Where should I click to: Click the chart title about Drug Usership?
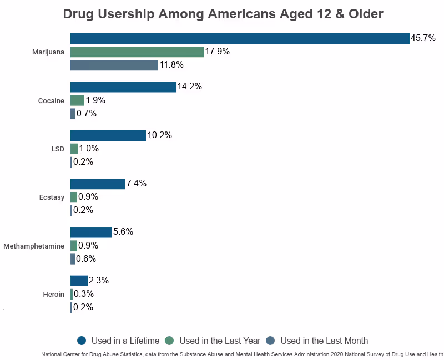click(x=223, y=14)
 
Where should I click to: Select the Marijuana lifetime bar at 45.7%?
click(x=240, y=38)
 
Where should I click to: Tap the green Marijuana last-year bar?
click(x=137, y=52)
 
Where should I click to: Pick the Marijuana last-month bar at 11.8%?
click(x=114, y=65)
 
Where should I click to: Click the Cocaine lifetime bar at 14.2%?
click(x=123, y=87)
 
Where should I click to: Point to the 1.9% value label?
click(x=95, y=100)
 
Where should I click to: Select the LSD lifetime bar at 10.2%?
click(x=108, y=135)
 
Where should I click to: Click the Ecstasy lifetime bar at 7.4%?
click(x=98, y=184)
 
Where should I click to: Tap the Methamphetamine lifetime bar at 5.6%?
click(x=91, y=232)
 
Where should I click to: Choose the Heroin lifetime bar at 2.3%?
click(x=79, y=281)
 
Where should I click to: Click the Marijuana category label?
click(x=49, y=52)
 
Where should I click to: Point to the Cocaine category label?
click(x=52, y=100)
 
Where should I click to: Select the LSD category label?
click(x=58, y=149)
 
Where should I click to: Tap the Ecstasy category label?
click(x=51, y=197)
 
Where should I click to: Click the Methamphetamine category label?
click(x=34, y=246)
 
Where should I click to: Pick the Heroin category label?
click(x=53, y=294)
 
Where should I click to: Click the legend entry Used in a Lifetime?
click(x=118, y=341)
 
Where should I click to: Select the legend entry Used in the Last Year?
click(x=213, y=341)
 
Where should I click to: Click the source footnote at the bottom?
click(x=242, y=354)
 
